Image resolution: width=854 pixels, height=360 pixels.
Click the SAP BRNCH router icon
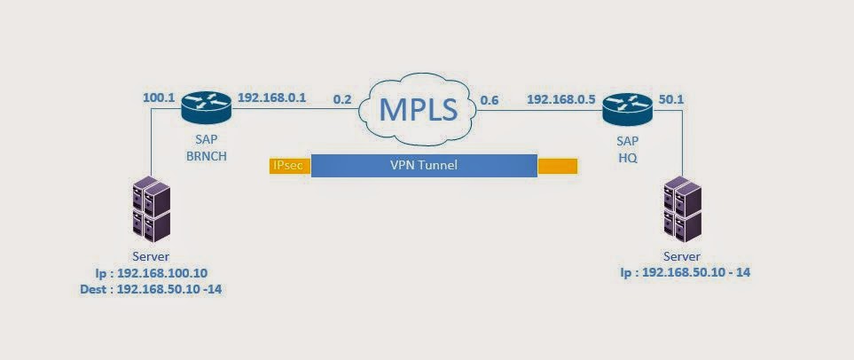[x=207, y=108]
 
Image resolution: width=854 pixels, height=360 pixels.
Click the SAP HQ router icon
[x=628, y=108]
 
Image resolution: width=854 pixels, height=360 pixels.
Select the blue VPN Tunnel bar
[x=424, y=166]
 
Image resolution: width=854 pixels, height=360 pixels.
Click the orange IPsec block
[x=290, y=166]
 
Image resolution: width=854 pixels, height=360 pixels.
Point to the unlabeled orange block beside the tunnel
[x=557, y=166]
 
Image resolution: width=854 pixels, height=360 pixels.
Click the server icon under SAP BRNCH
[x=152, y=208]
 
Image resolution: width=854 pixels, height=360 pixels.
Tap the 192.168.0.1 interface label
[x=272, y=98]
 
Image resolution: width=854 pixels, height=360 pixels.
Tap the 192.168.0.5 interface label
[x=561, y=99]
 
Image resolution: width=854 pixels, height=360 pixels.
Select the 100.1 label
[x=157, y=98]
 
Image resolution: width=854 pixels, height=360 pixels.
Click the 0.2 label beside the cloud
[x=342, y=99]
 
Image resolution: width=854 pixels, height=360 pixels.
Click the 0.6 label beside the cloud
[x=489, y=99]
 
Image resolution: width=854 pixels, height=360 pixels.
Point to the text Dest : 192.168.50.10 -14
[x=151, y=290]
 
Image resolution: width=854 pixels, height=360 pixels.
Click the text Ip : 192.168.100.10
[x=152, y=272]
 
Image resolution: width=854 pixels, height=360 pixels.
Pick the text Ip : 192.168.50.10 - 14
[x=686, y=271]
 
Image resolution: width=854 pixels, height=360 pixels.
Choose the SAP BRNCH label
[x=207, y=148]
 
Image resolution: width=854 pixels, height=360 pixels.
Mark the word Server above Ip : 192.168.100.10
[x=151, y=256]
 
